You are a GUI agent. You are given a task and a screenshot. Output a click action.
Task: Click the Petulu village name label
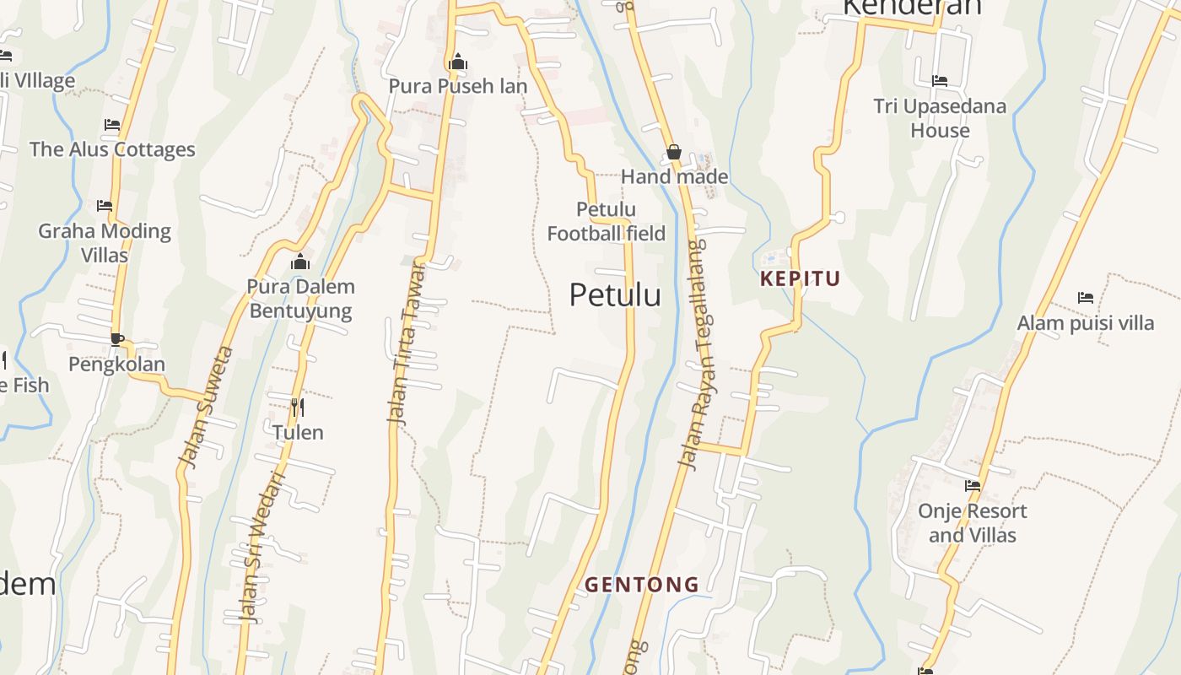(x=615, y=295)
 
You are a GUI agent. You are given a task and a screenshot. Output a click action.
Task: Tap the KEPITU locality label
(x=800, y=278)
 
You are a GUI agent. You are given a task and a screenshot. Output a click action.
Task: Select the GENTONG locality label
(x=642, y=584)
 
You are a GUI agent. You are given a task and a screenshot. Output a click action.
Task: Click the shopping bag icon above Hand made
(x=673, y=152)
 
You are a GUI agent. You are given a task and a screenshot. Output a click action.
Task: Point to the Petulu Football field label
(x=606, y=221)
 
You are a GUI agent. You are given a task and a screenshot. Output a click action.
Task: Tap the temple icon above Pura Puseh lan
(x=458, y=62)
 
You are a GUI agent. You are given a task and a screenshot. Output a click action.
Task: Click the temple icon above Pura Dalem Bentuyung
(x=300, y=262)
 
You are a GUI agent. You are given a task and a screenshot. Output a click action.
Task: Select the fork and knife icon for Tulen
(x=297, y=408)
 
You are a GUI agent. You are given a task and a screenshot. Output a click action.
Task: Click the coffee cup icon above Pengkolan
(x=116, y=339)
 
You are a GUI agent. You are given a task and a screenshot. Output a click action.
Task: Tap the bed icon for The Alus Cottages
(x=112, y=125)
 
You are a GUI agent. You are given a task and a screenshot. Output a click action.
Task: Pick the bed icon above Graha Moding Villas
(x=105, y=205)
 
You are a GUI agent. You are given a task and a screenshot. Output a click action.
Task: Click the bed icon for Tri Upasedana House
(x=940, y=81)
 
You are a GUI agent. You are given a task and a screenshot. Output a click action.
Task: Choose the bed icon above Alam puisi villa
(x=1086, y=298)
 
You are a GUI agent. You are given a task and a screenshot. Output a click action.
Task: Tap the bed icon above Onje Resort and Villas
(x=973, y=485)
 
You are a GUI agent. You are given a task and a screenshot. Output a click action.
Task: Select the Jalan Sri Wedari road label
(x=262, y=548)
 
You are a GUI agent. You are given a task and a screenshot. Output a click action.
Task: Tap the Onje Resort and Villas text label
(x=973, y=523)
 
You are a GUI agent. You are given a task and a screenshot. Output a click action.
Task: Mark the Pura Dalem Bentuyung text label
(x=300, y=299)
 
